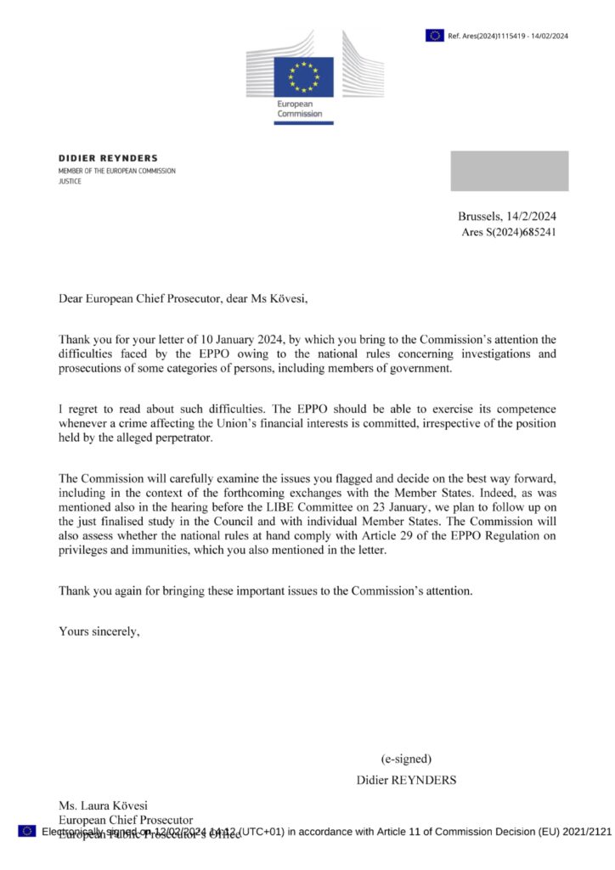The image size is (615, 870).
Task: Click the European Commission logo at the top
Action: [302, 77]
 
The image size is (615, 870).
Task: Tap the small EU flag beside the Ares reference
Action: [435, 35]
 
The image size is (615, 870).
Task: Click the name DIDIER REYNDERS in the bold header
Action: [108, 158]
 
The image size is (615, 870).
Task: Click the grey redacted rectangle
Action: [509, 171]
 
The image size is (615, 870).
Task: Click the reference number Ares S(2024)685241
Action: [508, 231]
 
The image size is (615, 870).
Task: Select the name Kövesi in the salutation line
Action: [280, 298]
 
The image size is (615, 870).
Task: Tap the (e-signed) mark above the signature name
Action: [406, 759]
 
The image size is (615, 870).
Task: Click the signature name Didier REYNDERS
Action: [406, 779]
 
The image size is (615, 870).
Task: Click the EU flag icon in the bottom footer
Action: [26, 831]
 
